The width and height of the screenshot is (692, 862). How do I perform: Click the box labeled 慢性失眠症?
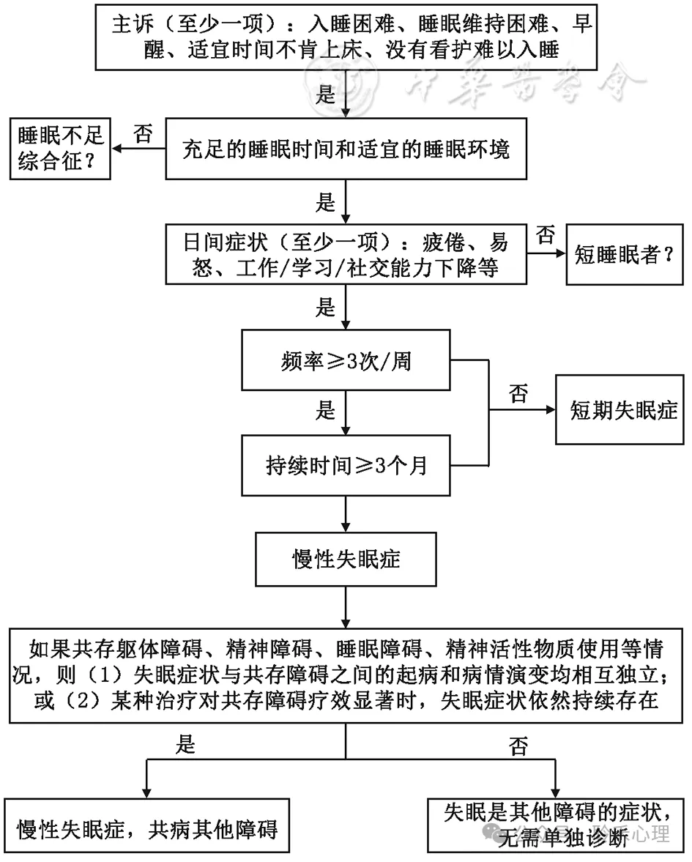(x=346, y=560)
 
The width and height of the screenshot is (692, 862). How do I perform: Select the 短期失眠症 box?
(x=623, y=410)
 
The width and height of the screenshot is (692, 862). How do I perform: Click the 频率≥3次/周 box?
(x=346, y=362)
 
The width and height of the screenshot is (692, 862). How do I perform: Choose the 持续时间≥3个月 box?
(x=346, y=464)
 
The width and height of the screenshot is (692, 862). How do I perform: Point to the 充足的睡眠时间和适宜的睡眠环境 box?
(x=346, y=150)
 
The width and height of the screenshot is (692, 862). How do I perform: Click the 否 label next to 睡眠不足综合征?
(x=144, y=134)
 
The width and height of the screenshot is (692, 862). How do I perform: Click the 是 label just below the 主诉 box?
(x=324, y=94)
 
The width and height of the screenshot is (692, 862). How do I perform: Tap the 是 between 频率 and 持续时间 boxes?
(x=324, y=411)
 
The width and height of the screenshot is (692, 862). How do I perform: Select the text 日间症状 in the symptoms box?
(x=212, y=242)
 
